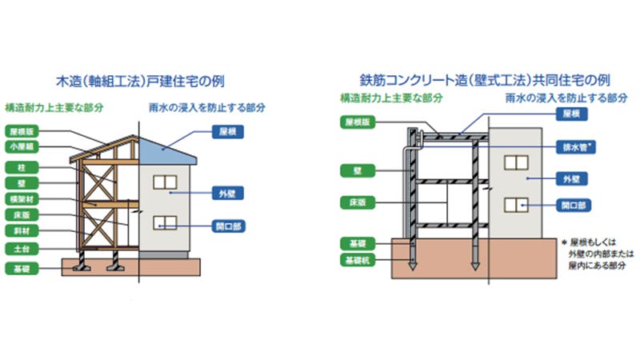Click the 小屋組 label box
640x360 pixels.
[x=21, y=147]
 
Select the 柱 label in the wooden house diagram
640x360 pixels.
[x=21, y=167]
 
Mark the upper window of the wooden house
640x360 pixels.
[x=165, y=182]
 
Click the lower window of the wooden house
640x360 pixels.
[x=165, y=222]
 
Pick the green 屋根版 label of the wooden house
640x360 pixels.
[x=21, y=130]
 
